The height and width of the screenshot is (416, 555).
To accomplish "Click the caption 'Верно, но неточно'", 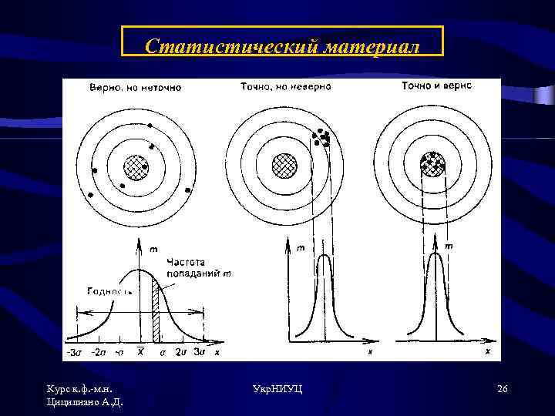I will coord(135,87).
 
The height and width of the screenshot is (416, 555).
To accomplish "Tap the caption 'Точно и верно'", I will coord(436,86).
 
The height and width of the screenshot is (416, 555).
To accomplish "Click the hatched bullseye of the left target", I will coord(136,166).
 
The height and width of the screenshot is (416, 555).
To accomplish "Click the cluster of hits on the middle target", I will coord(321,139).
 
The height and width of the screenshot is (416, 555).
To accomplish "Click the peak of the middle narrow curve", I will coord(324,257).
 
